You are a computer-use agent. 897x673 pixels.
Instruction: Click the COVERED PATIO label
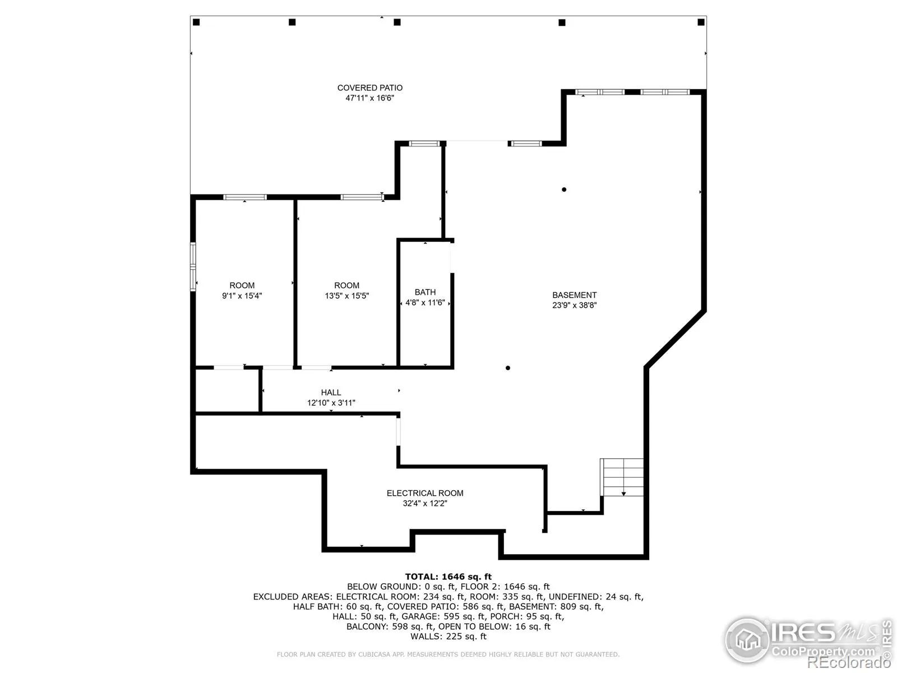click(x=369, y=88)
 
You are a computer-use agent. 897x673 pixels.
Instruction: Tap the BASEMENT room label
click(x=574, y=295)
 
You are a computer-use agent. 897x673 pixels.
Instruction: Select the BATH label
click(x=425, y=292)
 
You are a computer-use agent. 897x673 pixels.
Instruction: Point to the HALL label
click(x=331, y=392)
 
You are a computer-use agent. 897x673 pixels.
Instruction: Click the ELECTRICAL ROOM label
click(x=425, y=493)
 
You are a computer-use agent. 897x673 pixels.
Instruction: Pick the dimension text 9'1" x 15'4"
click(x=242, y=296)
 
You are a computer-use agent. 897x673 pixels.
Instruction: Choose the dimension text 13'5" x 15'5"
click(x=346, y=296)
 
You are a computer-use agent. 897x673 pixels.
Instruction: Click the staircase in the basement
click(x=622, y=477)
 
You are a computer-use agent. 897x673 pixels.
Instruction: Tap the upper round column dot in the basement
click(x=564, y=190)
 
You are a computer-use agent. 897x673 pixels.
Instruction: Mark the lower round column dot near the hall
click(x=507, y=368)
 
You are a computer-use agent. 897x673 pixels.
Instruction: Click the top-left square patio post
click(x=196, y=22)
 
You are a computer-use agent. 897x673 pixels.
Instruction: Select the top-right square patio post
click(x=701, y=22)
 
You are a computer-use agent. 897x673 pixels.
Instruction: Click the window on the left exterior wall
click(x=193, y=267)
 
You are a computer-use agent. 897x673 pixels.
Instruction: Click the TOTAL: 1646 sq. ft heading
click(x=449, y=577)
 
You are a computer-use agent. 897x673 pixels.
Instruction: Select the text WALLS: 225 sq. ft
click(x=449, y=636)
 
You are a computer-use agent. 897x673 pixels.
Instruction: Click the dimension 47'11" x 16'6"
click(x=369, y=98)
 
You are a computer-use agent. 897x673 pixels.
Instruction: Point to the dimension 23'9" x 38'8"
click(x=574, y=305)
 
